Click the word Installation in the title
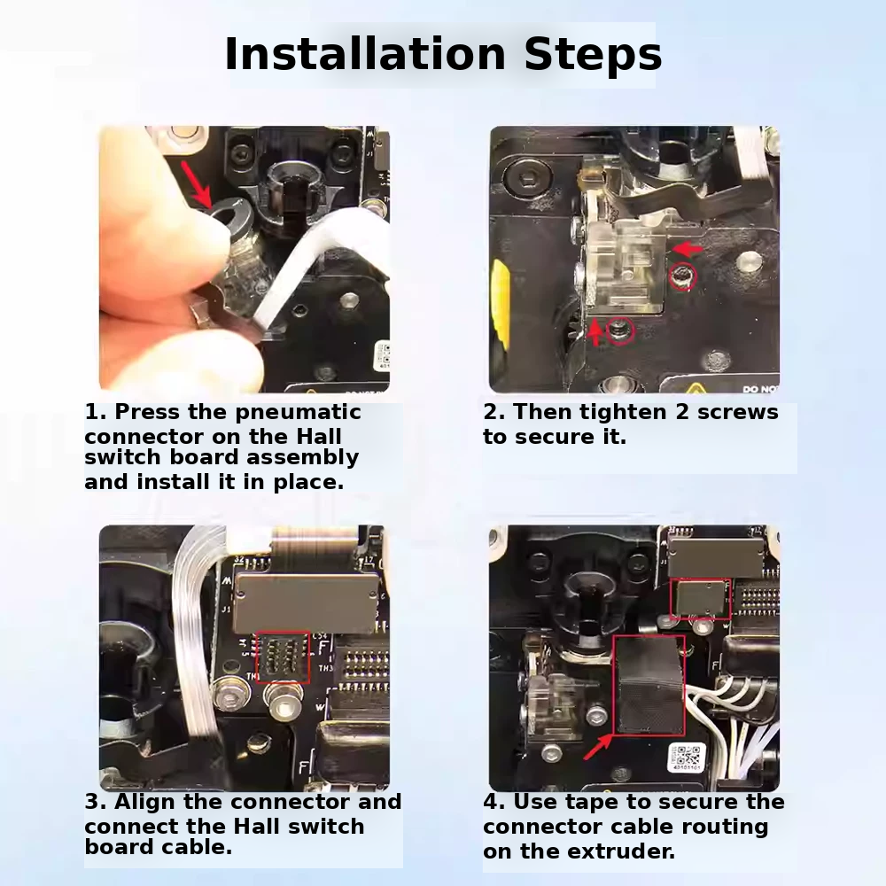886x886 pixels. pos(365,54)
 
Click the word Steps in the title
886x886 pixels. pos(593,55)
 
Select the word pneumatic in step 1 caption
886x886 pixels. pos(298,413)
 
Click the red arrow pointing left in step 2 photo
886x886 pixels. pos(688,249)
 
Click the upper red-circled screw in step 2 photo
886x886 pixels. pos(682,276)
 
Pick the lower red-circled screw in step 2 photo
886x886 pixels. pos(620,330)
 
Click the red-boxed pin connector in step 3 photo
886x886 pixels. pos(284,657)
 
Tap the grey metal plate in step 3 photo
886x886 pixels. pos(306,602)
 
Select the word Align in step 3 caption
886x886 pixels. pos(144,803)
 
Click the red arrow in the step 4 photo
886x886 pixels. pos(598,746)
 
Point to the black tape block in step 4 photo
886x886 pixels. pos(649,686)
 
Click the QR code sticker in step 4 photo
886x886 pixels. pos(687,758)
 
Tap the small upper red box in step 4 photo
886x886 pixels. pos(700,599)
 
